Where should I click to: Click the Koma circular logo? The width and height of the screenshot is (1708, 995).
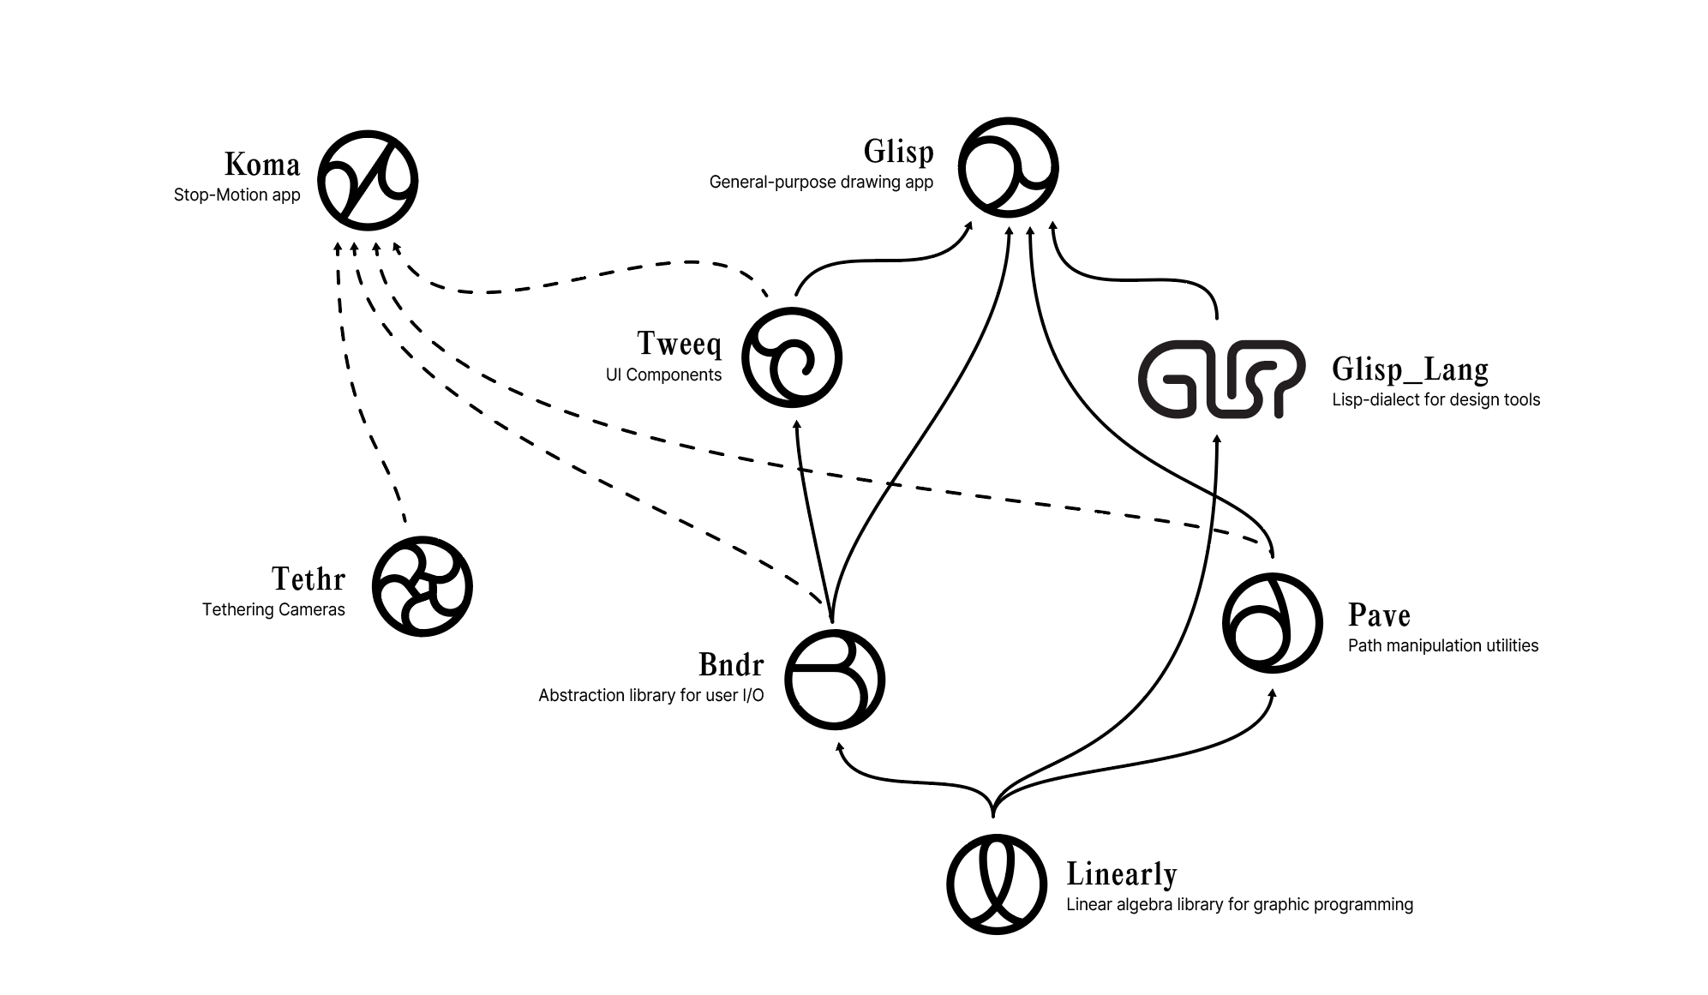pos(368,181)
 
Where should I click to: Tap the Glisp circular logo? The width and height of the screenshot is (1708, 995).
pos(1008,167)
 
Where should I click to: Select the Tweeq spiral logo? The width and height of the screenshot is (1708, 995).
pos(791,357)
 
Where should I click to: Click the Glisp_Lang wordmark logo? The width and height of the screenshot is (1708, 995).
pos(1221,379)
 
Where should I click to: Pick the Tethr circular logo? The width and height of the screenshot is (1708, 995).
pos(423,586)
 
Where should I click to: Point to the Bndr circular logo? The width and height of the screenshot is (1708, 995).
pos(834,680)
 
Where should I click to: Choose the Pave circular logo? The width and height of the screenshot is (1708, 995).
pos(1272,622)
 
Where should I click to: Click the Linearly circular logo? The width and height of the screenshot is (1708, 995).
pos(997,884)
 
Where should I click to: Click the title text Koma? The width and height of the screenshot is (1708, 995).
pos(262,165)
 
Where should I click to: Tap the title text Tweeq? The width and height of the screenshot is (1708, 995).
pos(679,344)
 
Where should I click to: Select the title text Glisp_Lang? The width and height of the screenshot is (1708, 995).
pos(1410,369)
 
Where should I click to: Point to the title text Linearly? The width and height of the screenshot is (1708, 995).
pos(1121,874)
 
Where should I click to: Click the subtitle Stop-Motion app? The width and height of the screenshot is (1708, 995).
pos(237,195)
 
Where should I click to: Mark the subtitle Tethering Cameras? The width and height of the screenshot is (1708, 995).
pos(273,610)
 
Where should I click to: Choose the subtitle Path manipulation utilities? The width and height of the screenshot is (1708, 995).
pos(1442,646)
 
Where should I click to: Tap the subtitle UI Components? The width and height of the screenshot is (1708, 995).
pos(663,375)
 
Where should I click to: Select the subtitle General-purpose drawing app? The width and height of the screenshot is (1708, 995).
pos(820,183)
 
